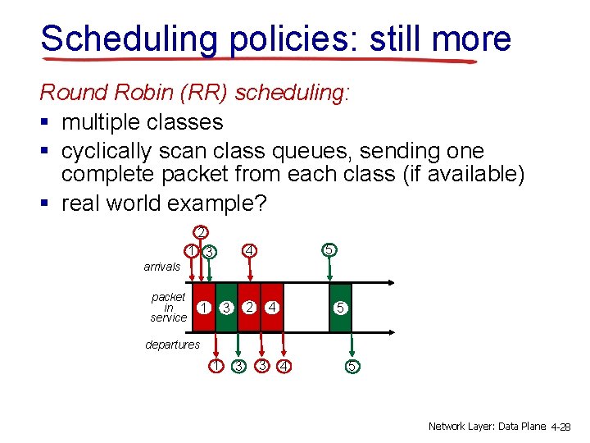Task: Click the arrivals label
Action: [x=161, y=267]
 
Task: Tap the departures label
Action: [x=172, y=345]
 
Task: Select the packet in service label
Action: [x=169, y=307]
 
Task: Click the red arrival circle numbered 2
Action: [x=199, y=232]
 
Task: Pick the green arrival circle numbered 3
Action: [x=210, y=251]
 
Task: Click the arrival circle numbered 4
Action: [x=251, y=249]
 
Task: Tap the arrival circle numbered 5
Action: [x=328, y=249]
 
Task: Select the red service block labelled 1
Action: [x=204, y=308]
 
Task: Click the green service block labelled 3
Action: [x=225, y=308]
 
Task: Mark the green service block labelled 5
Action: [x=340, y=308]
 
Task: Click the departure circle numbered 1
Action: [x=215, y=366]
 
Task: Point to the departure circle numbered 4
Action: [x=284, y=366]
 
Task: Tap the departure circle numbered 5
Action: [x=352, y=366]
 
